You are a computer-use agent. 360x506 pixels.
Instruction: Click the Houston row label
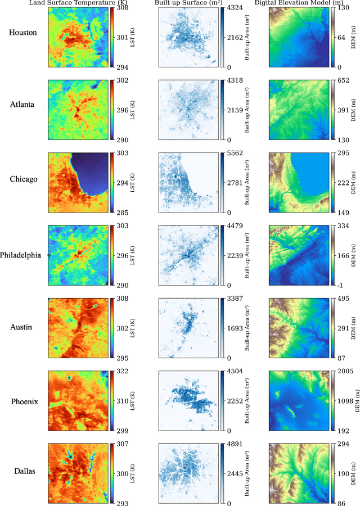click(23, 33)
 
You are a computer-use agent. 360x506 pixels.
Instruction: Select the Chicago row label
click(23, 179)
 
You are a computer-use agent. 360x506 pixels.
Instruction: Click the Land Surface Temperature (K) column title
click(79, 3)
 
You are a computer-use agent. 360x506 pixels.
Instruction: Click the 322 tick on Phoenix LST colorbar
click(121, 372)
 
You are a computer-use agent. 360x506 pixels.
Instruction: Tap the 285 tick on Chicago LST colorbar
click(121, 213)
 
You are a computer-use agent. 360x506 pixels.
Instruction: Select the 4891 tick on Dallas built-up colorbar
click(235, 444)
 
